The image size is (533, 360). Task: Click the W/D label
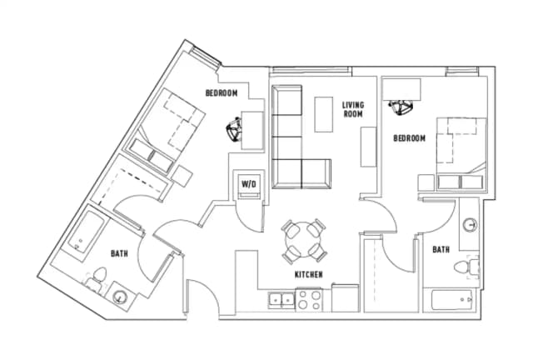click(x=248, y=183)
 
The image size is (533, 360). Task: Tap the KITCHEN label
click(x=308, y=274)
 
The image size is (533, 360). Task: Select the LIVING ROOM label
click(x=353, y=109)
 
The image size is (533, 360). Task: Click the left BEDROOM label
click(x=222, y=92)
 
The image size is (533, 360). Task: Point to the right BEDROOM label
click(x=410, y=137)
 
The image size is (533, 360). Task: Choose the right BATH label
click(x=441, y=248)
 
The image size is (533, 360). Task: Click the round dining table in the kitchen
click(x=303, y=240)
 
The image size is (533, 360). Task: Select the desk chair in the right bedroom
click(x=402, y=106)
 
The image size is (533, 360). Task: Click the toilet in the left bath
click(x=98, y=277)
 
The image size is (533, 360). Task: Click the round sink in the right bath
click(x=470, y=224)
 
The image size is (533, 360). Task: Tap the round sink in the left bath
click(x=118, y=295)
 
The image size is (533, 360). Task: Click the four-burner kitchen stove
click(x=310, y=297)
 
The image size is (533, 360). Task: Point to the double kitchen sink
click(x=281, y=298)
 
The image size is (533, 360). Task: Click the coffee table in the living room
click(x=325, y=113)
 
